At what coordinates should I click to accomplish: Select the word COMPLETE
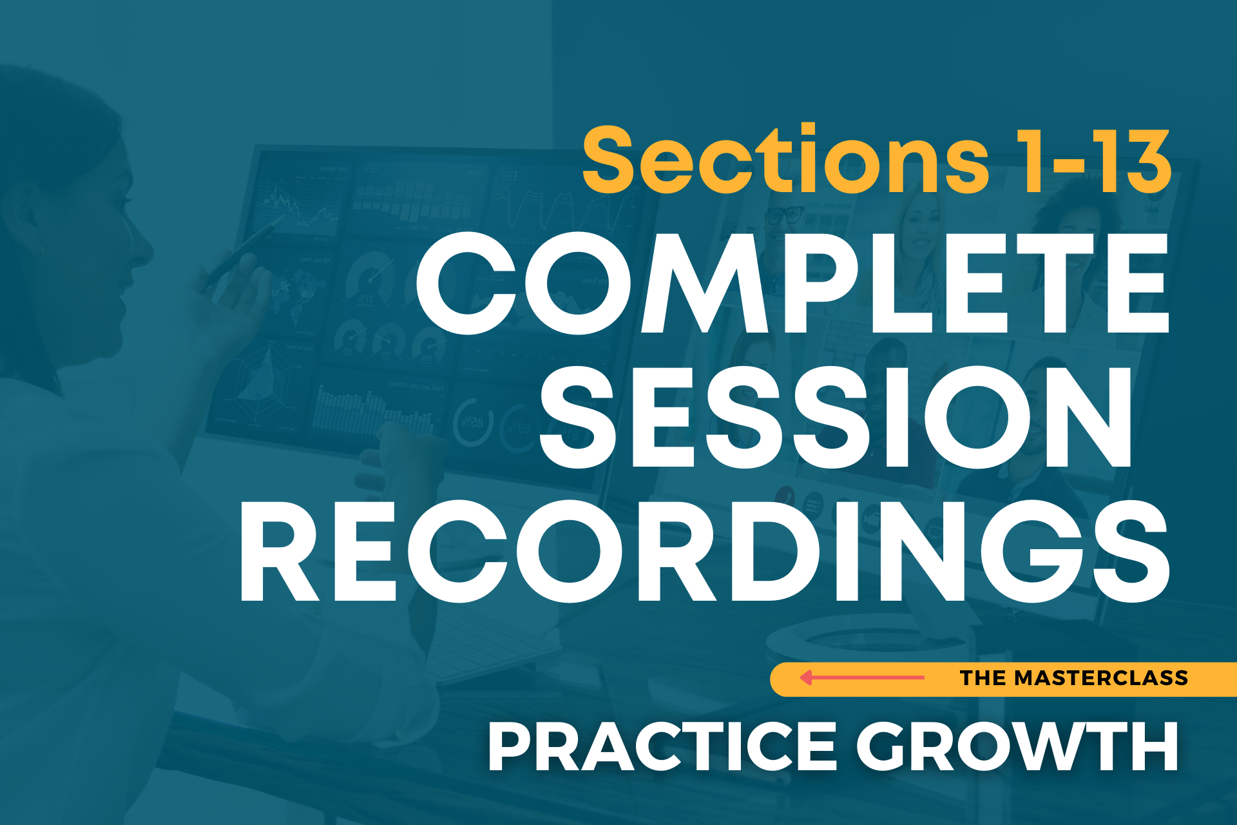click(x=792, y=283)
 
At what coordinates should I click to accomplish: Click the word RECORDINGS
click(x=705, y=551)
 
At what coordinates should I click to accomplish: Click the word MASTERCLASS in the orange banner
click(x=1101, y=678)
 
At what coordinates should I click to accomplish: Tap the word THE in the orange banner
click(x=983, y=678)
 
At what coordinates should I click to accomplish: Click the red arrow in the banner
click(x=862, y=677)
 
